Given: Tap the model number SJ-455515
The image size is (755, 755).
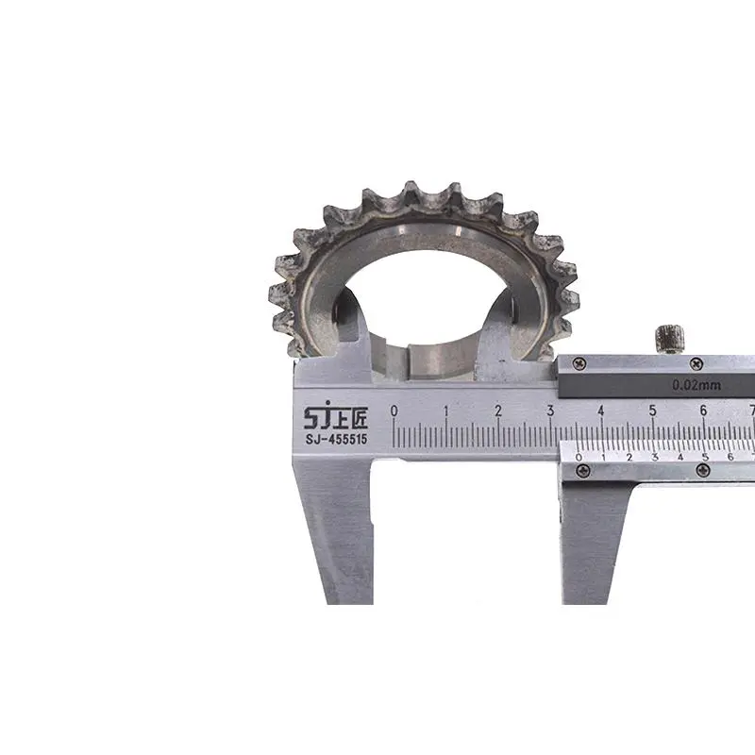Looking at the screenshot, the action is (336, 439).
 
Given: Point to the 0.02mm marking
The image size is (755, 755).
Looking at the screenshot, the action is (696, 385).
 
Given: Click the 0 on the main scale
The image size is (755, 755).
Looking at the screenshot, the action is (394, 411).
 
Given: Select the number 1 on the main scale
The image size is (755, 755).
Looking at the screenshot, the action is (445, 411).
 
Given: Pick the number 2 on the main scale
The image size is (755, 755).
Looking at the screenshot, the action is (498, 411).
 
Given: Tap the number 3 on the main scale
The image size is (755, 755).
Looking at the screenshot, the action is (550, 411).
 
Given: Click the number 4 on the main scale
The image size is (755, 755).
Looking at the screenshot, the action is (601, 411).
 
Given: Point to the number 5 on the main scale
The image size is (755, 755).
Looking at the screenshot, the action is (652, 411).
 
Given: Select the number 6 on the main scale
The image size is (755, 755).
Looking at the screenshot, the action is (703, 411).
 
